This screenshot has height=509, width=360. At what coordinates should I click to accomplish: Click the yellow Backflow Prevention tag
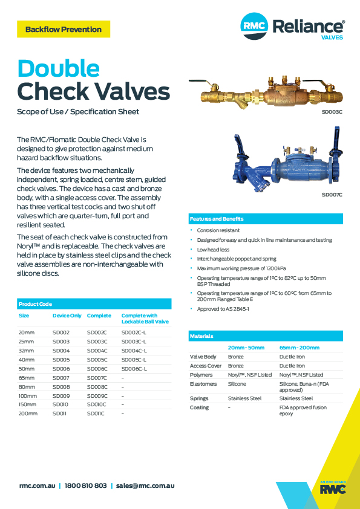tap(64, 29)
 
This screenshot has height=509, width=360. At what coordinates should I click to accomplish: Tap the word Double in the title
tap(58, 68)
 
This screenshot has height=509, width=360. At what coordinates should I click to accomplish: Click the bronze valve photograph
tap(266, 90)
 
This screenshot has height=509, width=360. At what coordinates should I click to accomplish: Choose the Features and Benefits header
tap(217, 219)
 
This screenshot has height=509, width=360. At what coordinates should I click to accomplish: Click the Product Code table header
tap(36, 304)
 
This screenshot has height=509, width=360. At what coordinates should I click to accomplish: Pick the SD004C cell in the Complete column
tap(97, 351)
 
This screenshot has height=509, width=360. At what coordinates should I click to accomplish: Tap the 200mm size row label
tap(28, 413)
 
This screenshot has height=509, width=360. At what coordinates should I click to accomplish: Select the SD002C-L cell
tap(134, 332)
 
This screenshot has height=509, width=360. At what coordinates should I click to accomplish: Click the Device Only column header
tap(67, 316)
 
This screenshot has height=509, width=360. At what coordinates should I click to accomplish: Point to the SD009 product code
tap(61, 395)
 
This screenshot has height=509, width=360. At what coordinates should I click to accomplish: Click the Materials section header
tap(201, 336)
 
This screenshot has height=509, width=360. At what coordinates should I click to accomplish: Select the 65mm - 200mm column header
tap(299, 348)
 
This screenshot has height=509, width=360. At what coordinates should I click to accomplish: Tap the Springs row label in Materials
tap(199, 398)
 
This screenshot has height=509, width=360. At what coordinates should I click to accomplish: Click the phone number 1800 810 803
tap(85, 485)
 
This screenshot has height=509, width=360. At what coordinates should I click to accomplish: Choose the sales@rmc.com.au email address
tap(145, 485)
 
